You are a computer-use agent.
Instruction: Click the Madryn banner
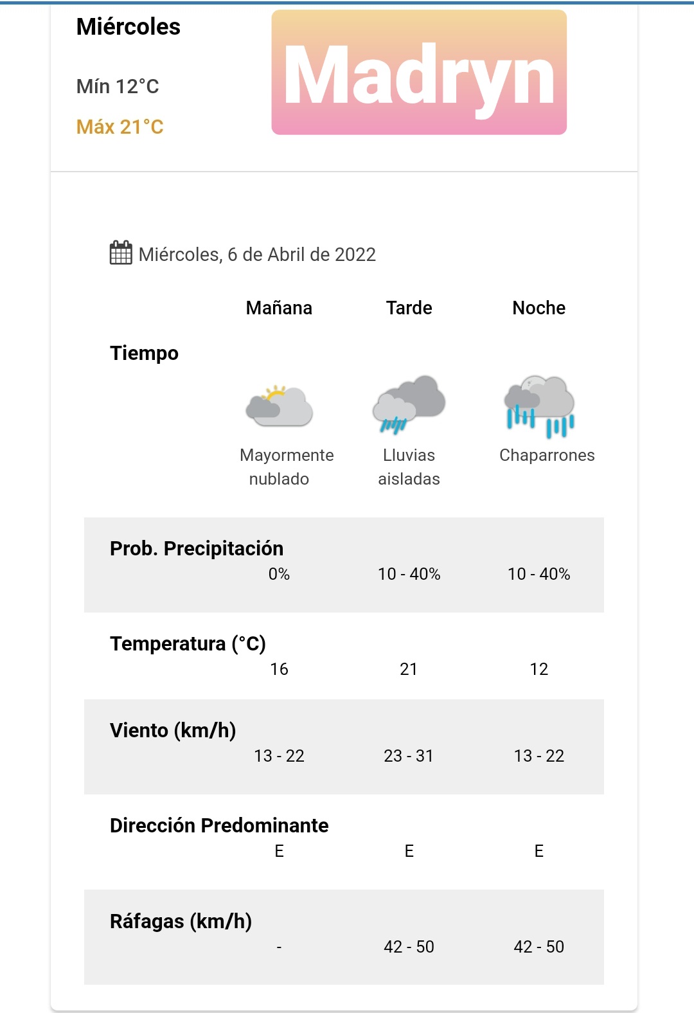pyautogui.click(x=419, y=73)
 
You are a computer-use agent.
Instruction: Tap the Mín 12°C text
pyautogui.click(x=118, y=86)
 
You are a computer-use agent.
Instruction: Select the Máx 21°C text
pyautogui.click(x=120, y=127)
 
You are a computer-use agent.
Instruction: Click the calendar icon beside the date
pyautogui.click(x=121, y=253)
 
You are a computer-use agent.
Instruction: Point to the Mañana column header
pyautogui.click(x=279, y=308)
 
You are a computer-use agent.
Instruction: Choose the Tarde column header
pyautogui.click(x=409, y=308)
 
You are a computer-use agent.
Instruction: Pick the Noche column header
pyautogui.click(x=538, y=308)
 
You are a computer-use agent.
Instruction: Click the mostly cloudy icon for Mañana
pyautogui.click(x=279, y=406)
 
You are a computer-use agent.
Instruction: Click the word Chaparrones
pyautogui.click(x=547, y=455)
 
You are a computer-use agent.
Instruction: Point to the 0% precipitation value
pyautogui.click(x=279, y=574)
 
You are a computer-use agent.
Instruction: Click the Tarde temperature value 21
pyautogui.click(x=409, y=669)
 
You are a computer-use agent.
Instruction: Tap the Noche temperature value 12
pyautogui.click(x=538, y=669)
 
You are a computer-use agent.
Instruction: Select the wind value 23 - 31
pyautogui.click(x=409, y=756)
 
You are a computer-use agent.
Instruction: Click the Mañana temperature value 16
pyautogui.click(x=279, y=669)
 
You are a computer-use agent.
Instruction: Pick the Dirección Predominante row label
pyautogui.click(x=219, y=825)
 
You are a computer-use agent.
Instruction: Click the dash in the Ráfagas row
pyautogui.click(x=279, y=947)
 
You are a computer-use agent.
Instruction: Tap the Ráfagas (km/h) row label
pyautogui.click(x=181, y=921)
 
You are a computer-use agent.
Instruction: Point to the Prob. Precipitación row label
pyautogui.click(x=197, y=548)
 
